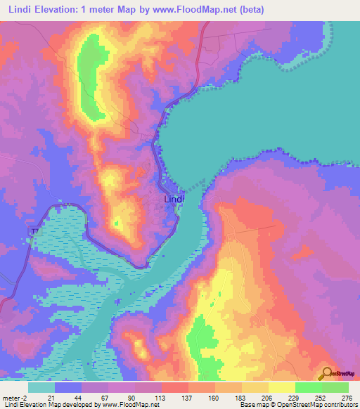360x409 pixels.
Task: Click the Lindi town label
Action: [174, 200]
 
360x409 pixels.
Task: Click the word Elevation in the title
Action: [58, 10]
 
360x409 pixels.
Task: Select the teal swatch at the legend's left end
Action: [41, 387]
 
